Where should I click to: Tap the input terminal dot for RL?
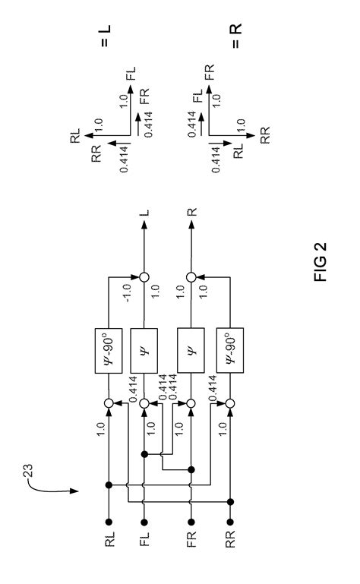click(x=109, y=520)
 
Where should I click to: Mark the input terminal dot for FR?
click(x=190, y=520)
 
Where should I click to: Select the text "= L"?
click(x=104, y=35)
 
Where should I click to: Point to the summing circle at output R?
click(x=190, y=275)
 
